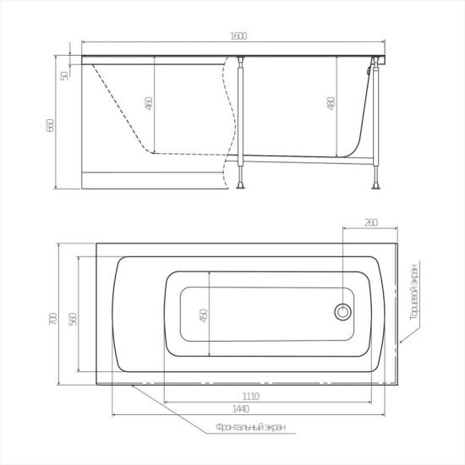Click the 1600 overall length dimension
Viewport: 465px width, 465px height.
(x=238, y=36)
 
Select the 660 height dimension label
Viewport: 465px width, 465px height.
(x=50, y=125)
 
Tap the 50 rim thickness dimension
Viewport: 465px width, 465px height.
(x=64, y=76)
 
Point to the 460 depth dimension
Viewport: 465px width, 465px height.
(x=150, y=103)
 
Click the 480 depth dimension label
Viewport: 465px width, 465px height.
(x=331, y=103)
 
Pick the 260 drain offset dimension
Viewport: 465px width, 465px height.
(x=371, y=222)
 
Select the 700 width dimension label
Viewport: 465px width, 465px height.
(x=53, y=319)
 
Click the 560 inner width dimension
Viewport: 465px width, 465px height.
(x=73, y=319)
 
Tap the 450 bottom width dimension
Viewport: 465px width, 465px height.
(x=204, y=315)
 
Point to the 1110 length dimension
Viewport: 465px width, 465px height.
(x=251, y=397)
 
